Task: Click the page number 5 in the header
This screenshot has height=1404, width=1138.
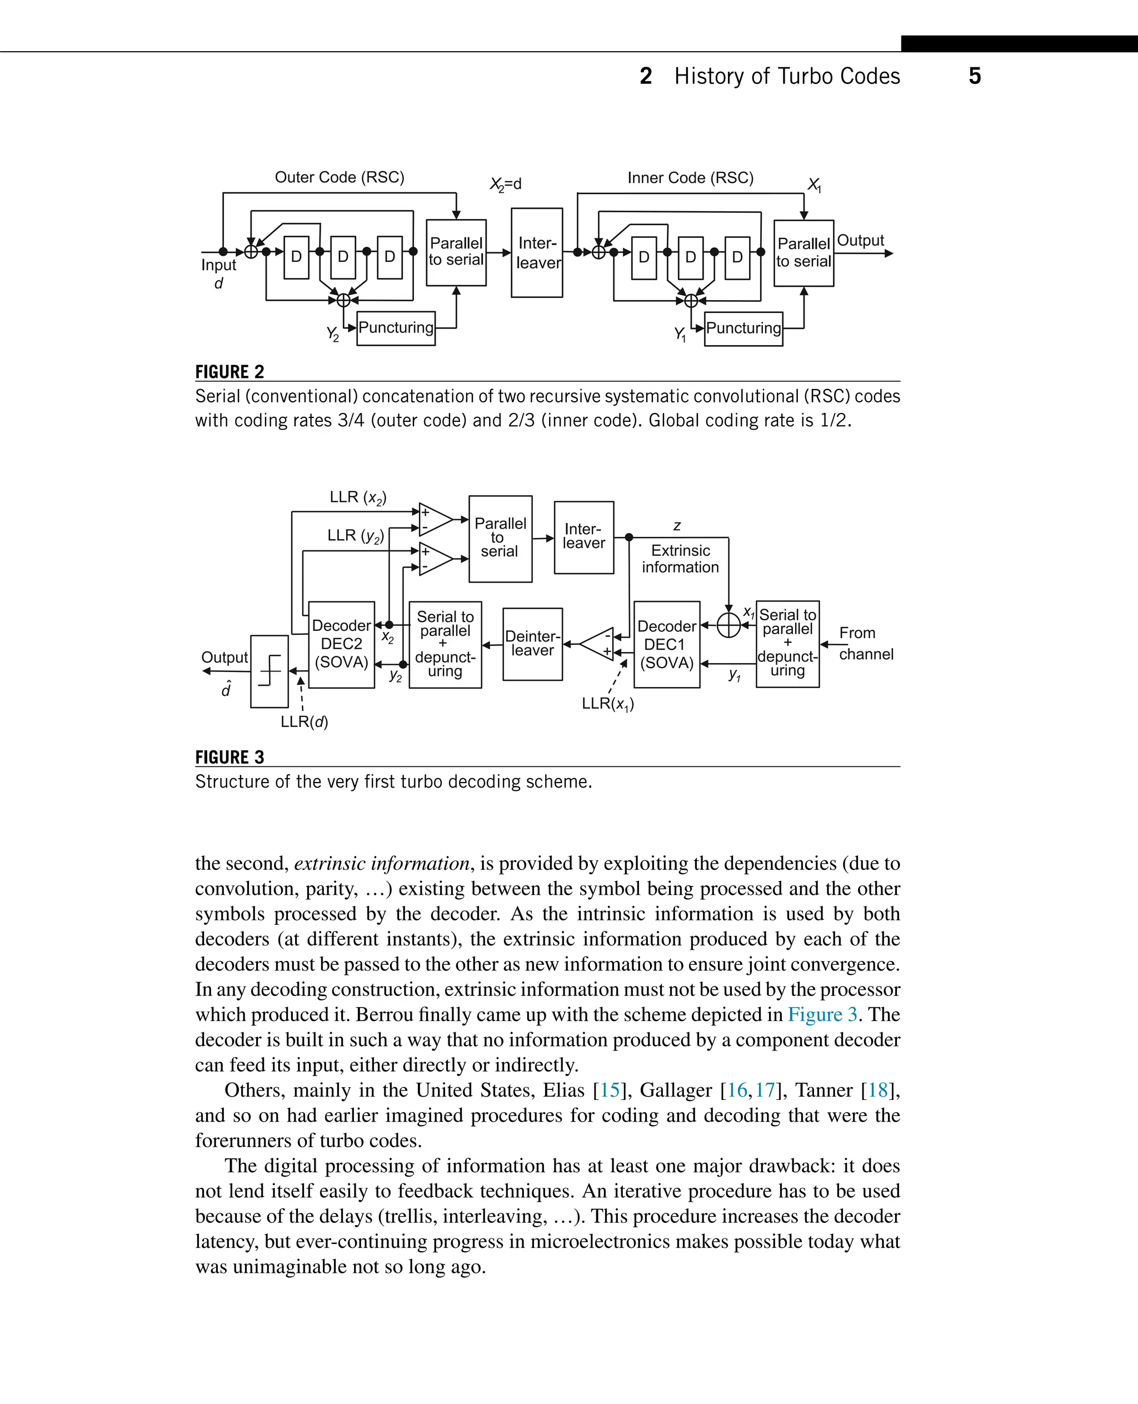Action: tap(974, 76)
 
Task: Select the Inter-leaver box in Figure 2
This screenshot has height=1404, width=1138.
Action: tap(537, 253)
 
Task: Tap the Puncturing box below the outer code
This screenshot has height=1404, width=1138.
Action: tap(396, 328)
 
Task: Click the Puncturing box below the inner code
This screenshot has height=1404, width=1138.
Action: tap(743, 328)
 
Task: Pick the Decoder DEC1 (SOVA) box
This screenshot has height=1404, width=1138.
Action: tap(667, 644)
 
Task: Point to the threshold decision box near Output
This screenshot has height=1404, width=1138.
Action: tap(269, 671)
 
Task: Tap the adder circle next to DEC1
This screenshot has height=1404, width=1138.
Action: tap(728, 625)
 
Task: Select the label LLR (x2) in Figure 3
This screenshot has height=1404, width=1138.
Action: tap(358, 497)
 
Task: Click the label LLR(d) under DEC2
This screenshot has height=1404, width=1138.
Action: tap(304, 722)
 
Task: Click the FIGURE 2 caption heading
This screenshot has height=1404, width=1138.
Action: tap(229, 372)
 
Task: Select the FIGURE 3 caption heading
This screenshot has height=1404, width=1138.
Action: tap(229, 758)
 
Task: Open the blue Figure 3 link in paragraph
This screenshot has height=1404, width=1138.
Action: tap(822, 1014)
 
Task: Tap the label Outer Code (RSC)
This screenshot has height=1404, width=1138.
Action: tap(339, 178)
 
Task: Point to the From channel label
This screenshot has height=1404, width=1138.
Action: tap(865, 643)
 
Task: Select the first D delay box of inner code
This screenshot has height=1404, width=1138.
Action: tap(643, 257)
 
